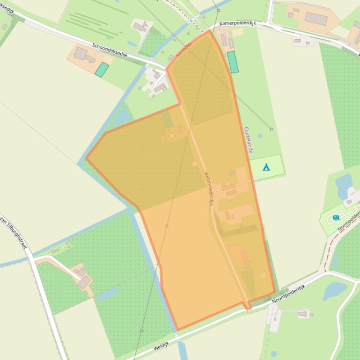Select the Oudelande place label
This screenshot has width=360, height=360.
click(x=248, y=140)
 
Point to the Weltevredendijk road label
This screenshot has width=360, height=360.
click(x=208, y=189)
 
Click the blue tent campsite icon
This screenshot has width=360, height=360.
click(x=266, y=166)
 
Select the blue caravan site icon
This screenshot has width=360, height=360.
click(x=336, y=217)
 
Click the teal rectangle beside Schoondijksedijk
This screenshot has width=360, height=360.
click(x=102, y=70)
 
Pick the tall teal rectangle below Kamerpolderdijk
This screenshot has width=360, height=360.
click(x=232, y=62)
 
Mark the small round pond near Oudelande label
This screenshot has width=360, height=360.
click(x=260, y=137)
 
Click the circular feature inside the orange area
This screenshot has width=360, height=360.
click(x=171, y=136)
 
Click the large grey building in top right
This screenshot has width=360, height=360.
click(x=316, y=19)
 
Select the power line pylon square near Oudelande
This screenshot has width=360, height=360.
click(x=271, y=129)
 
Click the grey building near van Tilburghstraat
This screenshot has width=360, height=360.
click(x=84, y=281)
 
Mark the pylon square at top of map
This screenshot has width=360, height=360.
click(x=219, y=10)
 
